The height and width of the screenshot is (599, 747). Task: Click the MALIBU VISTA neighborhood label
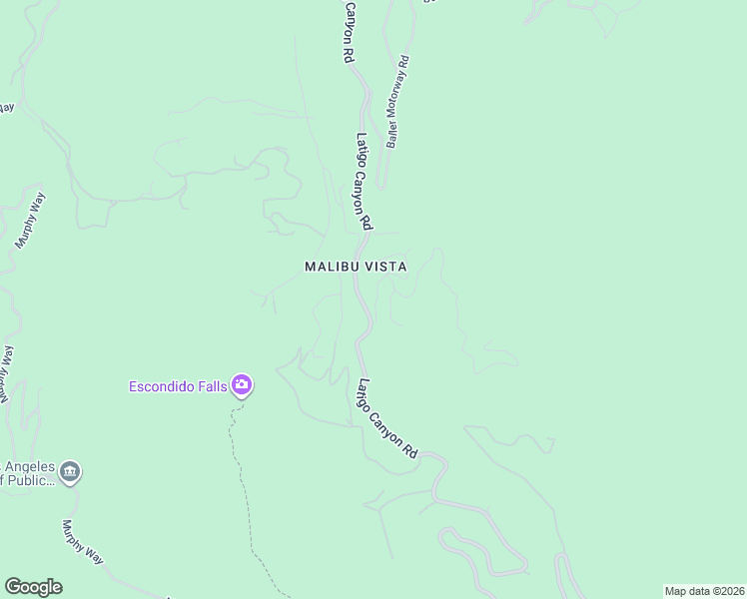point(356,267)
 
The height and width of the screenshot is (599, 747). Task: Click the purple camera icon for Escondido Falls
point(241,384)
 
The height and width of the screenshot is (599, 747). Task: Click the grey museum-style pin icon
point(70,471)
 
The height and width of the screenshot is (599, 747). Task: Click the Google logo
point(33,587)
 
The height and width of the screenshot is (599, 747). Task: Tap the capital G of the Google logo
point(12,587)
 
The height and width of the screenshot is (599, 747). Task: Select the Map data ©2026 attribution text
point(703,591)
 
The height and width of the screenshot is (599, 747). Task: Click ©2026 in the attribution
point(723,591)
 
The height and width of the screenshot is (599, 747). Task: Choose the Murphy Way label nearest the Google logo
point(82,543)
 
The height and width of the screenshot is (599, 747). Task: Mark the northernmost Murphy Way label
point(31,220)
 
